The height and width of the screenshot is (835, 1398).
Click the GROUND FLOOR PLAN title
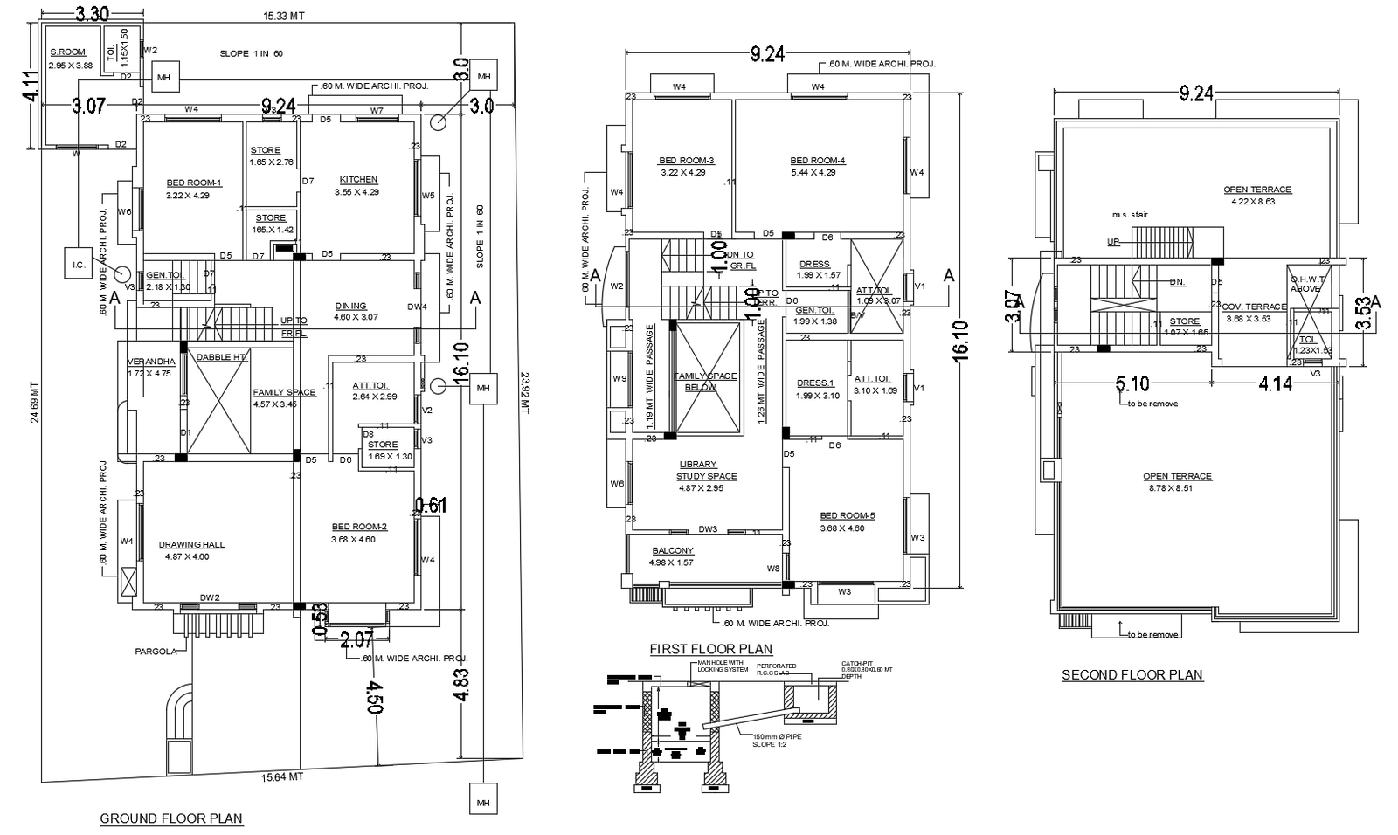[171, 818]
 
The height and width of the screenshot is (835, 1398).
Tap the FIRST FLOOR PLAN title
[710, 649]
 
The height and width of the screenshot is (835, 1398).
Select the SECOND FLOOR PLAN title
[1132, 674]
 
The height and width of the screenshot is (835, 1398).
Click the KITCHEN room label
[358, 180]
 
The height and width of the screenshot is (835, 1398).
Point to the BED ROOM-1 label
[194, 183]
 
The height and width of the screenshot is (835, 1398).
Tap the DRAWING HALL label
[191, 545]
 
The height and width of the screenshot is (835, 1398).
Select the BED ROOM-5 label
[847, 516]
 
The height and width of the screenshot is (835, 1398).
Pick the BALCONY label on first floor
[672, 551]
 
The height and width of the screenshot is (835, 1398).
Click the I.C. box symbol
[78, 265]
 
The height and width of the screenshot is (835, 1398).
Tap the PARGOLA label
[156, 652]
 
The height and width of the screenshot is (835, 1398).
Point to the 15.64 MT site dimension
[282, 776]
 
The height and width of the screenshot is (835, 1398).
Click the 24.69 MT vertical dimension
[35, 402]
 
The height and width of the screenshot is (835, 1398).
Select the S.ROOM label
[67, 52]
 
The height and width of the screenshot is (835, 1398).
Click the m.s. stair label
[1129, 215]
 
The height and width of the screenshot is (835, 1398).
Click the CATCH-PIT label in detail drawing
[856, 663]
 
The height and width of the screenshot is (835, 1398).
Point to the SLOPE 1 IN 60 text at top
[251, 54]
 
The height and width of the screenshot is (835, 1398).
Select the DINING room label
[350, 306]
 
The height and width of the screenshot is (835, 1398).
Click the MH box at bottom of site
[481, 801]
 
